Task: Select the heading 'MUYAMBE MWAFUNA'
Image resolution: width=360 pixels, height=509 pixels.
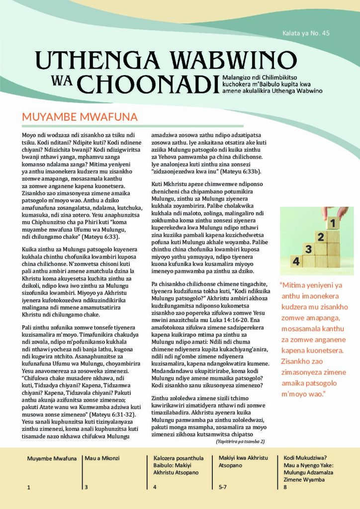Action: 80,117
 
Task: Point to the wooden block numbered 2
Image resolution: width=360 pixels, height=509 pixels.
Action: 322,237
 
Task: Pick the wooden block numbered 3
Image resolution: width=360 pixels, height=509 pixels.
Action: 309,249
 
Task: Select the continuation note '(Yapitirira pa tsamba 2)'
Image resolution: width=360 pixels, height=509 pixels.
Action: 240,441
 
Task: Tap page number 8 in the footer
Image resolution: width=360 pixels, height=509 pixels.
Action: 285,487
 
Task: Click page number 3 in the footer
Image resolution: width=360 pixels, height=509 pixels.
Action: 86,487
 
